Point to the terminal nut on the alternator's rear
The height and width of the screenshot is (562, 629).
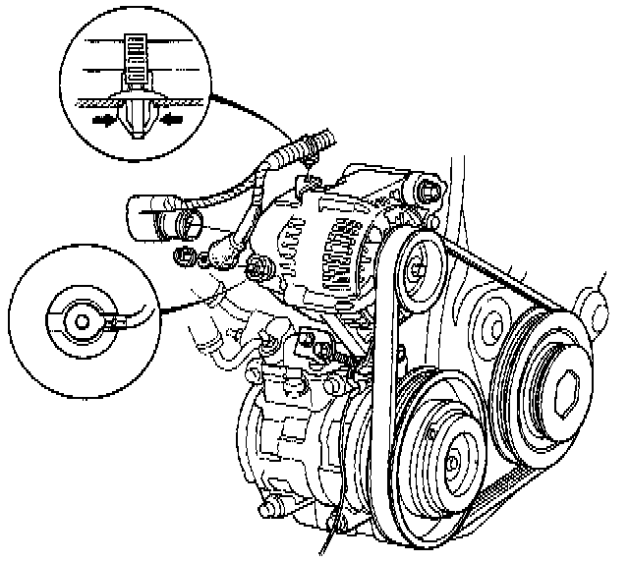click(x=259, y=266)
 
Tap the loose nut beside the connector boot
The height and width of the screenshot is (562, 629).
click(x=183, y=258)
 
